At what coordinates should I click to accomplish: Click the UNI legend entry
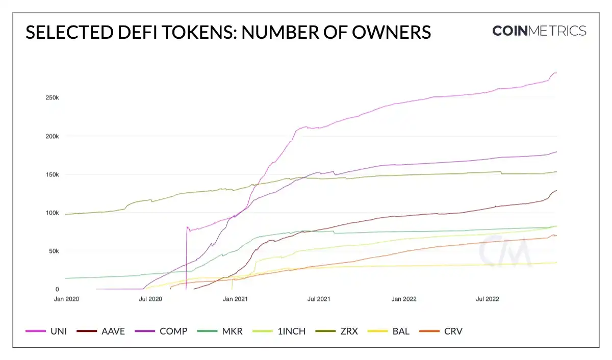[x=46, y=331]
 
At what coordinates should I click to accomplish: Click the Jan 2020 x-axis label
[x=66, y=299]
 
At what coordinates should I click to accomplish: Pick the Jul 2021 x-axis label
[x=319, y=299]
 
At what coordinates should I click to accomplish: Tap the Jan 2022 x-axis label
[x=404, y=299]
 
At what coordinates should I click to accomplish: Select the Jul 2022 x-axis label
[x=487, y=299]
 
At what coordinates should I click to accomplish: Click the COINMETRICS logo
[x=539, y=31]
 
